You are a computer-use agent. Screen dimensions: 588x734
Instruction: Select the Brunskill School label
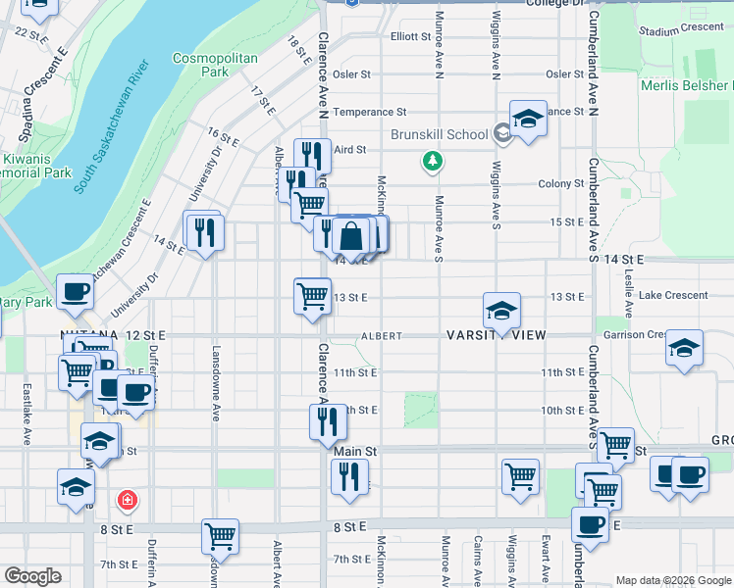439,134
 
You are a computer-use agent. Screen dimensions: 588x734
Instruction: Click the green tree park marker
431,160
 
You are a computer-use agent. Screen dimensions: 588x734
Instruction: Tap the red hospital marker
127,502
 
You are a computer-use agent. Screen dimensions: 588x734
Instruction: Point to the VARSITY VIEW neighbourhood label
496,335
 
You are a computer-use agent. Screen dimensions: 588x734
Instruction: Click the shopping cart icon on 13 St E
312,295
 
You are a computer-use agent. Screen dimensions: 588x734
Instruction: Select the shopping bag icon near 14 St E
350,236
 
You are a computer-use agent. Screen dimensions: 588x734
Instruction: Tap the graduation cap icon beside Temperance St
528,121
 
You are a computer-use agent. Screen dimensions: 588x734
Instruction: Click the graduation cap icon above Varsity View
501,310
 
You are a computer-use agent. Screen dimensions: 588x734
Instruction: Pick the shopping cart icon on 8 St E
221,536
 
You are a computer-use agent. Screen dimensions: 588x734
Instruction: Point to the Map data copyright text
672,580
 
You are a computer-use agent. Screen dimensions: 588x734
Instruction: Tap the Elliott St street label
411,36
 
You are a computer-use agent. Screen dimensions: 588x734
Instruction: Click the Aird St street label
348,149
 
